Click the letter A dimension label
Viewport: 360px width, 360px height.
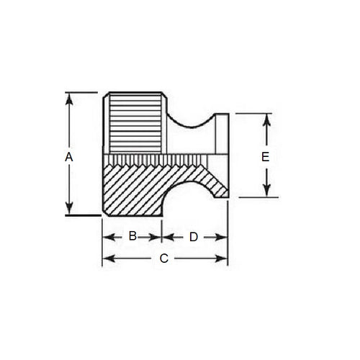point(68,156)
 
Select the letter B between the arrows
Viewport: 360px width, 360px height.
point(132,236)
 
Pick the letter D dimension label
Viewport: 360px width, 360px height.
point(193,236)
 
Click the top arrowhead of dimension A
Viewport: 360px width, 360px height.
point(69,97)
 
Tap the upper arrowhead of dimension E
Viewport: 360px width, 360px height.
point(266,118)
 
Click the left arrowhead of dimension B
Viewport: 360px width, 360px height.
point(107,236)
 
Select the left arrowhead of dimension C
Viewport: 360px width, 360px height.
point(107,258)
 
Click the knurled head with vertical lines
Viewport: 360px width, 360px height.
point(137,122)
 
